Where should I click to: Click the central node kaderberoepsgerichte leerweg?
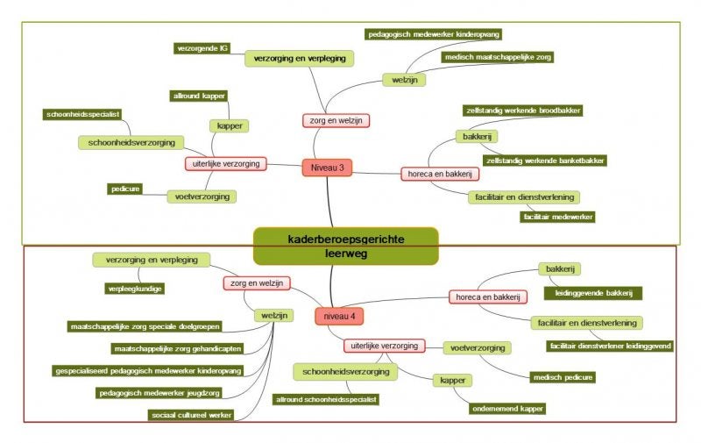click(345, 247)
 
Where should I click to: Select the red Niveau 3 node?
click(327, 168)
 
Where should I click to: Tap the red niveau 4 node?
click(339, 317)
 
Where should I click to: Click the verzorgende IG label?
click(202, 48)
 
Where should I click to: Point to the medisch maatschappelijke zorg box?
click(498, 57)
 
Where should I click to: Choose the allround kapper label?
click(199, 96)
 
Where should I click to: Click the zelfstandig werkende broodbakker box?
click(523, 111)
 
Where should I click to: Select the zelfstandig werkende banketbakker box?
click(545, 161)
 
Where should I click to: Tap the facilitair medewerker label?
click(557, 217)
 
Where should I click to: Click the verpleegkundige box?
click(135, 289)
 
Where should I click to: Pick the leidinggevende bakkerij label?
click(593, 293)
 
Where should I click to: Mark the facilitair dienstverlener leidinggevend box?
click(610, 346)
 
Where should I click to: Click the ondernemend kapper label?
click(507, 409)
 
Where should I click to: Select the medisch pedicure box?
click(563, 377)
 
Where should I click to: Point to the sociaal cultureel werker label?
click(191, 415)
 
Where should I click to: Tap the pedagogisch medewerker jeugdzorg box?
click(159, 393)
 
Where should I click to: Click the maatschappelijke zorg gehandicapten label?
click(177, 348)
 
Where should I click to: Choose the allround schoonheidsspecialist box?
click(326, 400)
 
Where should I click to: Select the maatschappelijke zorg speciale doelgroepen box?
click(145, 326)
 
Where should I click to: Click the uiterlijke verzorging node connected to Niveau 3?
click(226, 164)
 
